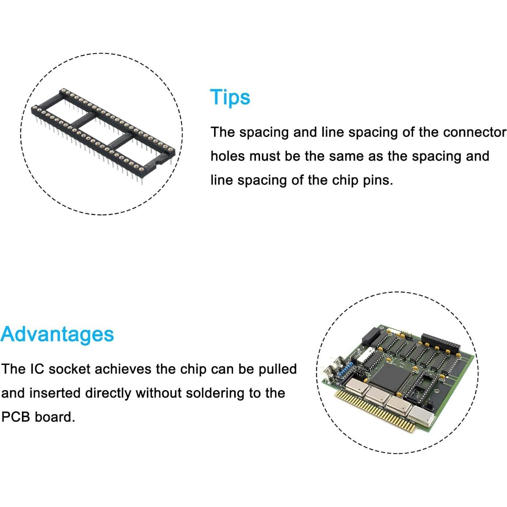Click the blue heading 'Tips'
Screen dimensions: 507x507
[x=230, y=98]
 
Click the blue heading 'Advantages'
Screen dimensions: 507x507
[x=57, y=334]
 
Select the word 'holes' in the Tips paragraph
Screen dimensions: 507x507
[x=228, y=156]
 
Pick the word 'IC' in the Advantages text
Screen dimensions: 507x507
[x=37, y=369]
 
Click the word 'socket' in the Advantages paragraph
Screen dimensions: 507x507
[x=69, y=369]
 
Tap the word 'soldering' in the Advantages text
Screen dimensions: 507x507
[x=215, y=393]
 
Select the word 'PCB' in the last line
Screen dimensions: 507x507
[x=16, y=417]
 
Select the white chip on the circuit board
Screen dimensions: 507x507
[x=365, y=354]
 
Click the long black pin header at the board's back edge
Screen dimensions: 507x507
[x=441, y=343]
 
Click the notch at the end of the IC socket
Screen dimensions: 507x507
[x=159, y=161]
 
